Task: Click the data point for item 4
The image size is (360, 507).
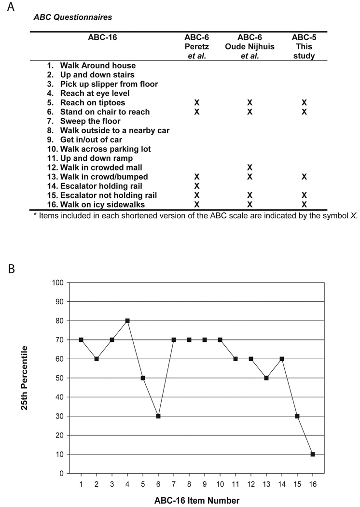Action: (x=127, y=321)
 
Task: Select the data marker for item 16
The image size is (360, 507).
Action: (x=313, y=454)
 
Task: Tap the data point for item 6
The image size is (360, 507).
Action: (x=158, y=416)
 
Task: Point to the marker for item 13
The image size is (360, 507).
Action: (x=266, y=378)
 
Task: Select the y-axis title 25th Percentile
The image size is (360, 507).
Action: (x=24, y=378)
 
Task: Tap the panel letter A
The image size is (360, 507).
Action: (x=9, y=8)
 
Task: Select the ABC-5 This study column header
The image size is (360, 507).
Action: (x=305, y=47)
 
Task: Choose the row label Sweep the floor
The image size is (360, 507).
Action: (x=90, y=121)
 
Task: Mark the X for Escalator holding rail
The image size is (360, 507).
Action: (x=196, y=186)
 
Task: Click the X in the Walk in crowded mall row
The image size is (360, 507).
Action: (x=250, y=168)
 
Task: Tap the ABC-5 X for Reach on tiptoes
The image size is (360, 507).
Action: (x=305, y=103)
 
